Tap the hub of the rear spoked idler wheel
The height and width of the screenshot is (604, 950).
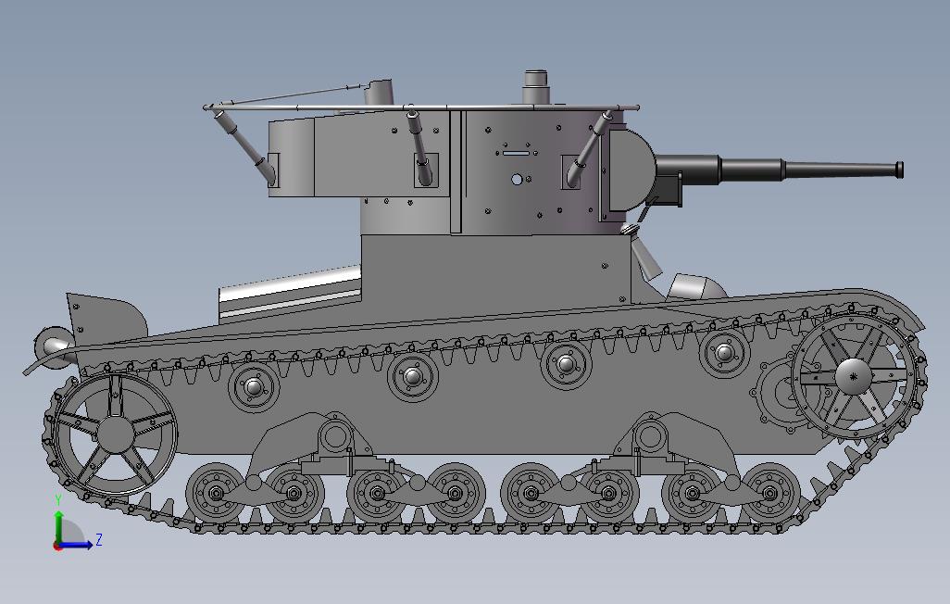[x=115, y=434]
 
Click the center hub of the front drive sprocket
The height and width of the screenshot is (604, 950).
[x=853, y=374]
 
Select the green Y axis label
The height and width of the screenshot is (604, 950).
[x=58, y=499]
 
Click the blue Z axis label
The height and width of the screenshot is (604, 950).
[x=98, y=539]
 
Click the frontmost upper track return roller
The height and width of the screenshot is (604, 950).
[x=725, y=352]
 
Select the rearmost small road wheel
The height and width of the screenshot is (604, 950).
[x=215, y=492]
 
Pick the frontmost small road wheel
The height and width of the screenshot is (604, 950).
[x=770, y=492]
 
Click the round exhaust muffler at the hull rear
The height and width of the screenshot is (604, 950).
[x=54, y=346]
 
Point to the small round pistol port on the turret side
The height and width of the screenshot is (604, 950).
[x=517, y=179]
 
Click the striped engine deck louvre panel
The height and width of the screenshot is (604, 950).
[x=290, y=293]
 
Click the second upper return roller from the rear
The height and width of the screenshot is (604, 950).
[x=412, y=376]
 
